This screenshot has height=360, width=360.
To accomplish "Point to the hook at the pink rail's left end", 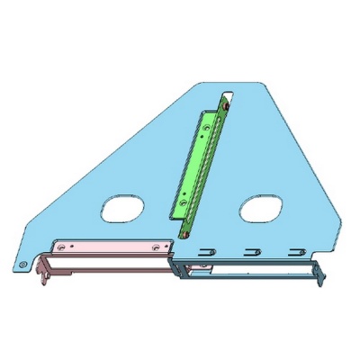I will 42,270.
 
